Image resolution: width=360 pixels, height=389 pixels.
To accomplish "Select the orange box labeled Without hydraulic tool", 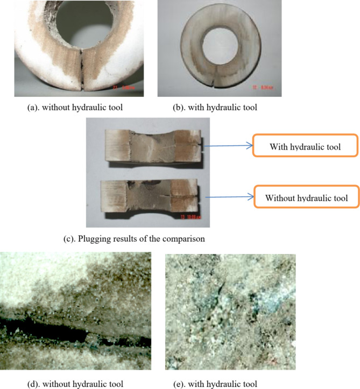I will click(x=306, y=199).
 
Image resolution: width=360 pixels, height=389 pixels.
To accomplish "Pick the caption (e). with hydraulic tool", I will click(x=223, y=383).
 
